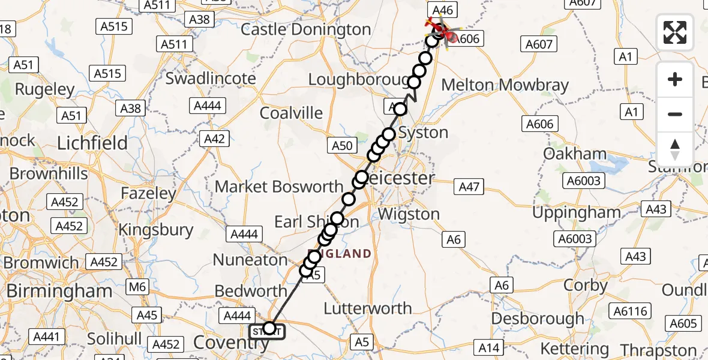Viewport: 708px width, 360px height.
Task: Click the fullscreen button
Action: coord(675,32)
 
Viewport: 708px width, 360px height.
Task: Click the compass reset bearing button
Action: coord(675,149)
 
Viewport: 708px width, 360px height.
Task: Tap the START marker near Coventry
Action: coord(268,330)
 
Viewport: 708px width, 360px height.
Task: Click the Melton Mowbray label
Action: coord(505,85)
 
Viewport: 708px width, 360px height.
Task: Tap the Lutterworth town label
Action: coord(367,308)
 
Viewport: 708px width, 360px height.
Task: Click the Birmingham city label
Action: coord(59,291)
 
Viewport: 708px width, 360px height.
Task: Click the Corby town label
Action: coord(586,286)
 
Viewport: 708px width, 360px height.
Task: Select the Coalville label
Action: coord(291,113)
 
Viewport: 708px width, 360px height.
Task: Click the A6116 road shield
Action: coord(629,310)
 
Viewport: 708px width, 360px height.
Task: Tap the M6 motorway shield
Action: coord(137,287)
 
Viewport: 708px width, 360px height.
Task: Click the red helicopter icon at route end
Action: coord(439,31)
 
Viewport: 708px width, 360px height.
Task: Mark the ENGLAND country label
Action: coord(340,254)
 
